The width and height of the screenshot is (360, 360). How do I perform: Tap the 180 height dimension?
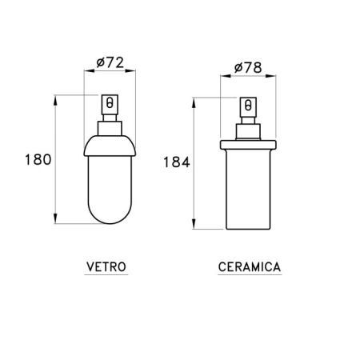coord(37,159)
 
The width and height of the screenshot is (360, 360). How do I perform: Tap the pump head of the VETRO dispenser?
coord(110,106)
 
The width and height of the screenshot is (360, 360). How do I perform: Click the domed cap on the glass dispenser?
coord(110,142)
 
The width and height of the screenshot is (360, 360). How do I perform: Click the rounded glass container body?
coord(110,184)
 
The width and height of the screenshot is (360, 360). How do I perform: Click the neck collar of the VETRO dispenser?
coord(110,126)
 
